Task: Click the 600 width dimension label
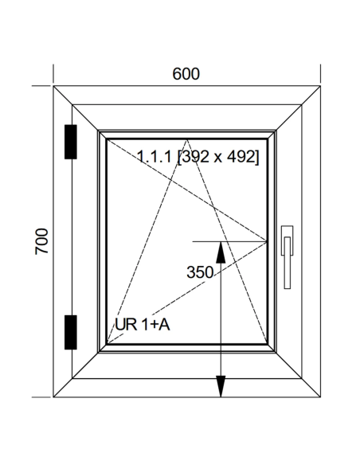pos(186,74)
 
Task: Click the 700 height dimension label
pos(41,241)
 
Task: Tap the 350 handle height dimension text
pos(200,272)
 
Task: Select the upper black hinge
pos(71,142)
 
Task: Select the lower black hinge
pos(71,332)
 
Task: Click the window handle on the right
pos(287,257)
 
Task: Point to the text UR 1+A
pos(143,324)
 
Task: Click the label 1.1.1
pos(155,156)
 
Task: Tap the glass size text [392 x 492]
pos(218,156)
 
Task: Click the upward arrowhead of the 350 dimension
pos(221,252)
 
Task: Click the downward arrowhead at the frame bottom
pos(221,386)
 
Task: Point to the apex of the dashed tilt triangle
pos(186,140)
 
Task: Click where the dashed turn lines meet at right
pos(266,241)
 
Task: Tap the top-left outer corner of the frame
pos(53,86)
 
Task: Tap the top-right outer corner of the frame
pos(320,86)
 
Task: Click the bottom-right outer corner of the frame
pos(320,397)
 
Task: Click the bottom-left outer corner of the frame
pos(53,397)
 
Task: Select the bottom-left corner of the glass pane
pos(107,344)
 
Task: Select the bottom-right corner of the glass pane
pos(267,344)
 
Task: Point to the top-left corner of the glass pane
pos(107,139)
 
